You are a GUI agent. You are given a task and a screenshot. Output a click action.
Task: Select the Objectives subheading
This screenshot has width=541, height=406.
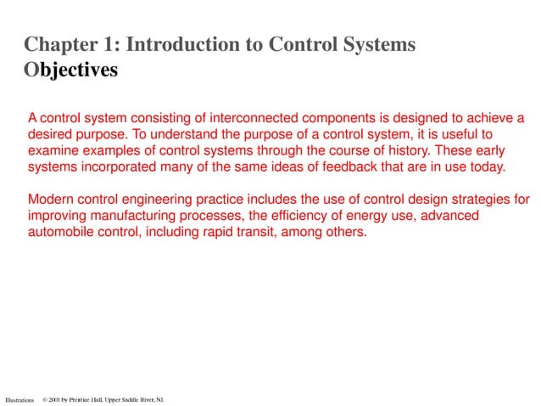tap(71, 70)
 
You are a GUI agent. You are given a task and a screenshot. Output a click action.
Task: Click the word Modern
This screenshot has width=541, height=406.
tap(53, 200)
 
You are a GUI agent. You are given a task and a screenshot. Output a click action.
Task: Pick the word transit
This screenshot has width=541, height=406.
tap(267, 232)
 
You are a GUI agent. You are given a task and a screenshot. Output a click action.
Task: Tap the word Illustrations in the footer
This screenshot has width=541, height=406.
tap(20, 399)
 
